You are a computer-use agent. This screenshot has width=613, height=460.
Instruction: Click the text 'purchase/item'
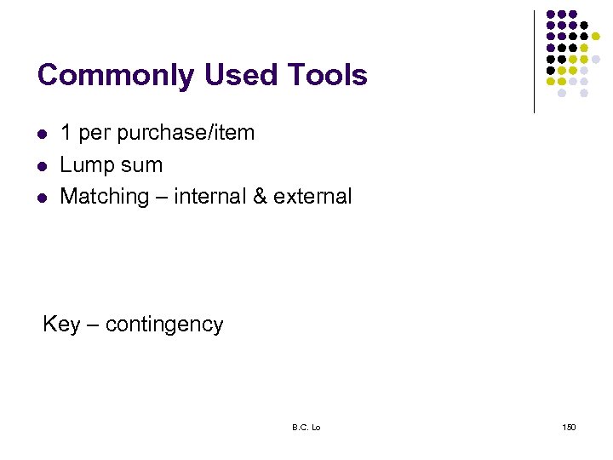[186, 134]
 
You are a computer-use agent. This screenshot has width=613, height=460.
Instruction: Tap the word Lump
[85, 165]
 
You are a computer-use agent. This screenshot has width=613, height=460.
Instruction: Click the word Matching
[104, 197]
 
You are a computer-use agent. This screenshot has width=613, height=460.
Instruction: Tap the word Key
[61, 325]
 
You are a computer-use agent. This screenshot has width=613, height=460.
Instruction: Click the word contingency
[164, 325]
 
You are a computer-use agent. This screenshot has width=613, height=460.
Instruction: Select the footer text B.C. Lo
[306, 427]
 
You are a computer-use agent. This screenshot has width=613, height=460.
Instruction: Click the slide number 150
[569, 427]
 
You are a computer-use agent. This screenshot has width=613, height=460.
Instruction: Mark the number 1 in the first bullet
[66, 134]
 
